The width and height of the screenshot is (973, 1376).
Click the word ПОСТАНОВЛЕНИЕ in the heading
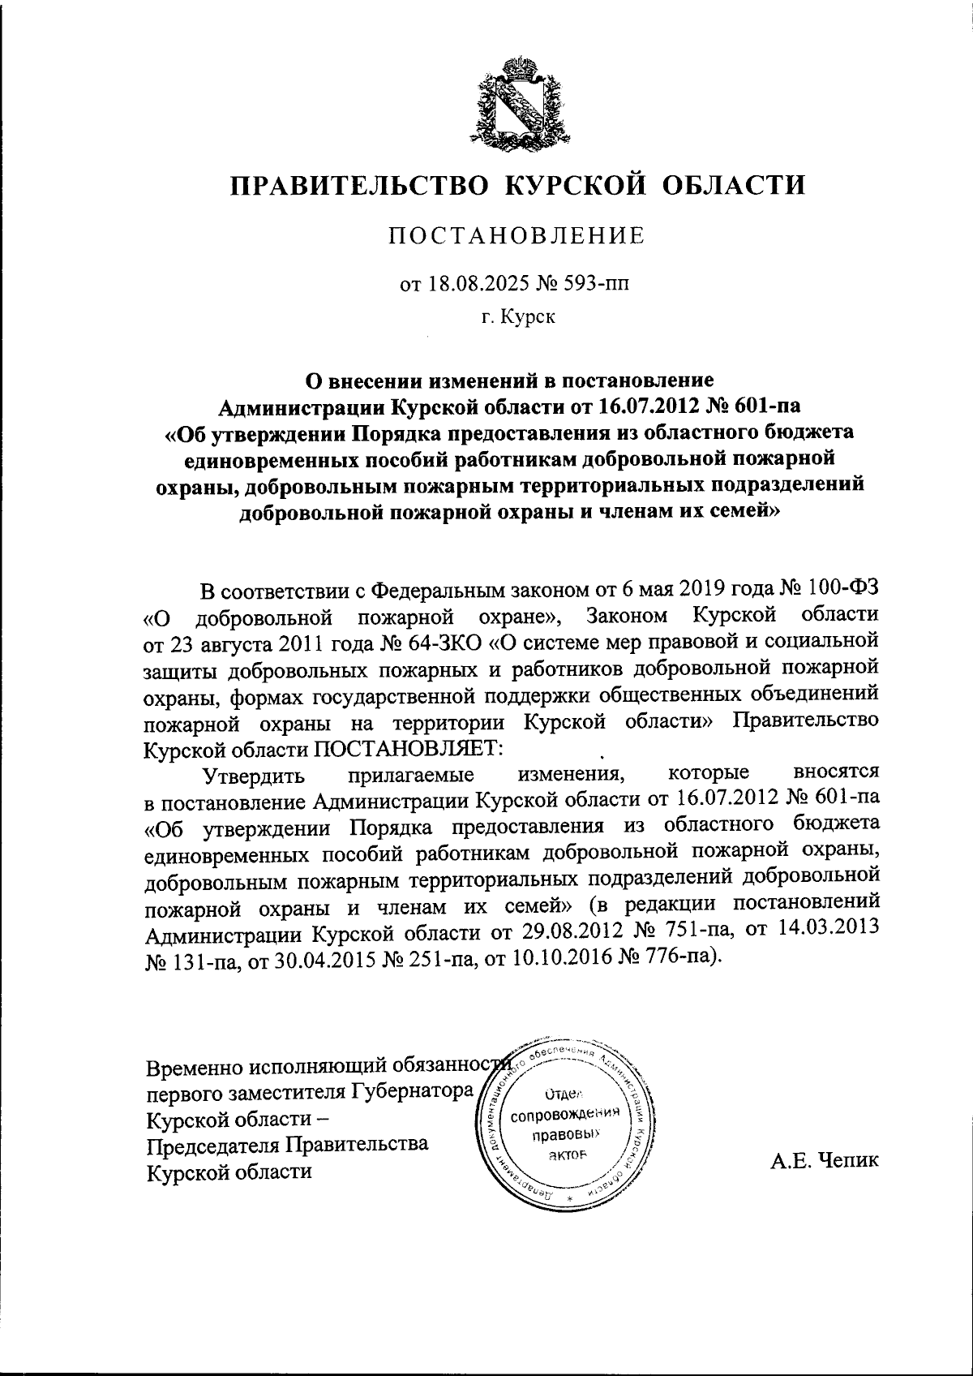coord(517,236)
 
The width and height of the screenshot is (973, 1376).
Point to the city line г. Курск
coord(517,317)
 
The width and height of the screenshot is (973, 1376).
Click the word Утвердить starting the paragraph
coord(254,775)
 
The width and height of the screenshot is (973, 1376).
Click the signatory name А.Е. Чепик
coord(825,1160)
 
